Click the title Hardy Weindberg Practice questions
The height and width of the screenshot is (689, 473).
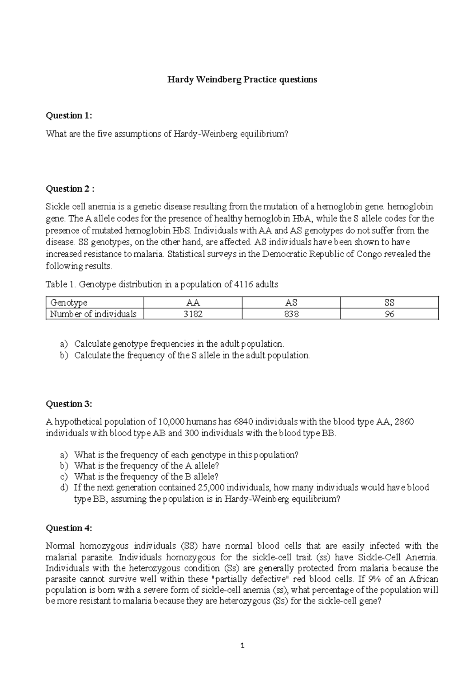(x=242, y=80)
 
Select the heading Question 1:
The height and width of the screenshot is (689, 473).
(x=69, y=116)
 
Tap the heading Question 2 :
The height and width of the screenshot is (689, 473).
(x=70, y=189)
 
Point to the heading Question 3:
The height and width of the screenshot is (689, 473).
(x=69, y=404)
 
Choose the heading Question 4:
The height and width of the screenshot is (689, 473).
(x=69, y=528)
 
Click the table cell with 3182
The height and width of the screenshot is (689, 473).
(x=193, y=314)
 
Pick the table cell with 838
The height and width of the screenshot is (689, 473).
(x=291, y=314)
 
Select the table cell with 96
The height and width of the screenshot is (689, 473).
(x=389, y=314)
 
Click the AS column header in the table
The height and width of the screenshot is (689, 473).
(x=291, y=302)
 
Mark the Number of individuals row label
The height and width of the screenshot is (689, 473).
(x=93, y=314)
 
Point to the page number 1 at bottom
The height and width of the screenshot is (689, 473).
(x=242, y=646)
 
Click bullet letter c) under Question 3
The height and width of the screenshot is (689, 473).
(x=64, y=477)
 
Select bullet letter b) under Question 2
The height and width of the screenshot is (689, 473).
(x=64, y=355)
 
